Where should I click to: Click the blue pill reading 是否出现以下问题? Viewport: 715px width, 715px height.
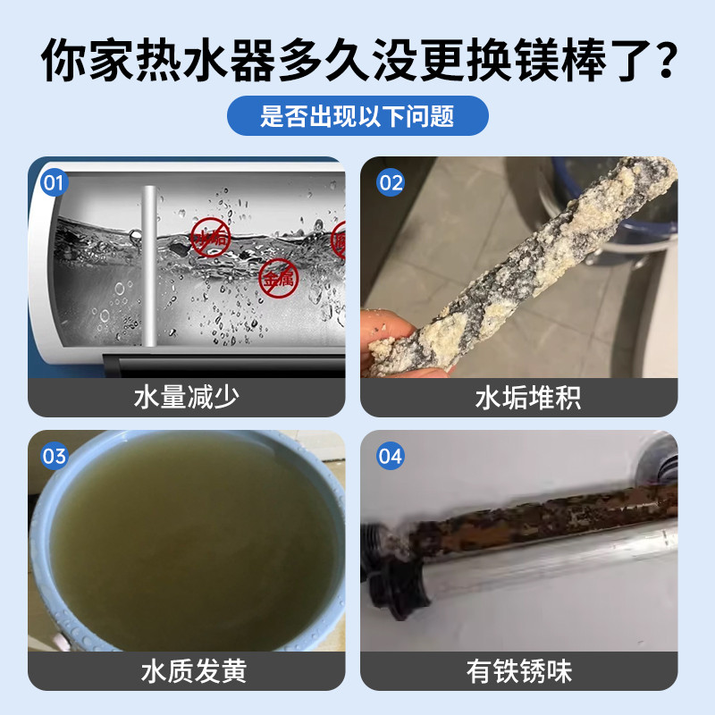coord(357,116)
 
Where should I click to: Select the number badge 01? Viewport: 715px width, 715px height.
coord(55,183)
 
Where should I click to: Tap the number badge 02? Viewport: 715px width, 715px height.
coord(391,183)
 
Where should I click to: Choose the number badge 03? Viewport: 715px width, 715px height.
coord(55,457)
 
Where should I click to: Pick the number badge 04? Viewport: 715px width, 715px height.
coord(391,457)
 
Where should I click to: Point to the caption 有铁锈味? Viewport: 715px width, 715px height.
coord(527,670)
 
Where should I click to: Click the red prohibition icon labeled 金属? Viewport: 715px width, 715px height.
coord(274,279)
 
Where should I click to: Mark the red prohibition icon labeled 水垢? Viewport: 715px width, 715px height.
coord(210,238)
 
